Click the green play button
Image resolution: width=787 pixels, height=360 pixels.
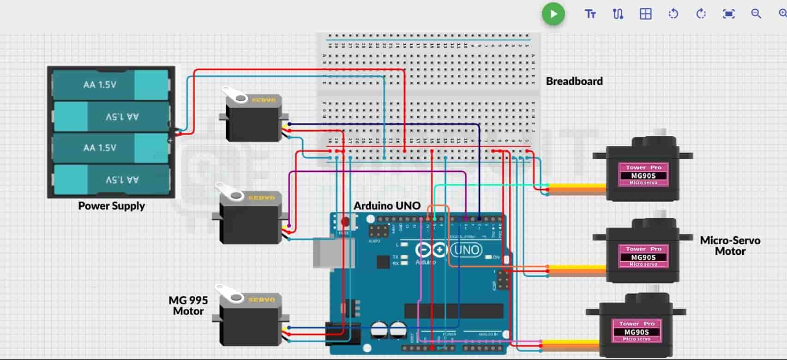[553, 14]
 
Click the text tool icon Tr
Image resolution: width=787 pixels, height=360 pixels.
[590, 14]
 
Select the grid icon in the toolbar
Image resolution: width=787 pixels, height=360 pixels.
[645, 14]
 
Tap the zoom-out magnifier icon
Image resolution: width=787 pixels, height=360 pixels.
[756, 14]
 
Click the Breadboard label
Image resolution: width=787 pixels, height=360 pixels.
[574, 81]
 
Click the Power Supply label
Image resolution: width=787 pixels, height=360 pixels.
[111, 206]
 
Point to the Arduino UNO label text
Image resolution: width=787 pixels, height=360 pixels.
[387, 206]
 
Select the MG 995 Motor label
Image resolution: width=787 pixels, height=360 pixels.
[188, 306]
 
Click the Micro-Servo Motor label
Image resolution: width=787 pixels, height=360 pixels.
[729, 246]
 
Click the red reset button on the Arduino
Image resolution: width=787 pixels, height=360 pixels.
[345, 222]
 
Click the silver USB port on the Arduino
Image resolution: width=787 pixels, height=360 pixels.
[327, 252]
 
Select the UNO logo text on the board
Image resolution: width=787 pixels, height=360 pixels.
[466, 250]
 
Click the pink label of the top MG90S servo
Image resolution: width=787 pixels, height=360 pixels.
[643, 174]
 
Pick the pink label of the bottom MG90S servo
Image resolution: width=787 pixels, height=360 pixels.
[637, 331]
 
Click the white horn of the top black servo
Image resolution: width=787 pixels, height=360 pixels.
[235, 95]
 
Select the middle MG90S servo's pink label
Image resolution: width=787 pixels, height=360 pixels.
[643, 256]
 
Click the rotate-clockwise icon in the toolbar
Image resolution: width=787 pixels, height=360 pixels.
[701, 14]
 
